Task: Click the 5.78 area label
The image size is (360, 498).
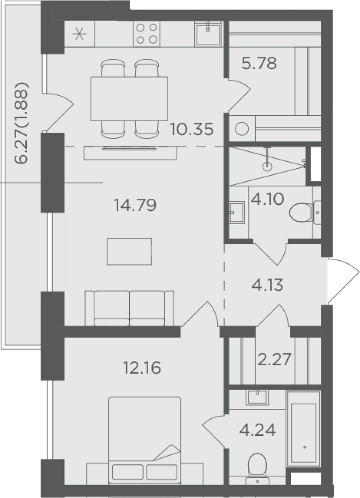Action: pyautogui.click(x=259, y=63)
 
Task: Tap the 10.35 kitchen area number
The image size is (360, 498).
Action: pyautogui.click(x=192, y=129)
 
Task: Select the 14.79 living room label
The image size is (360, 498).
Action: pyautogui.click(x=135, y=205)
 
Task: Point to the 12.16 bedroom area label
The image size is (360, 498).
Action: pyautogui.click(x=142, y=368)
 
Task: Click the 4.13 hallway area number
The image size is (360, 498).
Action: pyautogui.click(x=267, y=285)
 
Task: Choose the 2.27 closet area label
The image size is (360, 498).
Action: pyautogui.click(x=274, y=360)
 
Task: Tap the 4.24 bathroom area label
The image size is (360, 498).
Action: pyautogui.click(x=257, y=430)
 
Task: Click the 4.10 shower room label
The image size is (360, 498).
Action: pyautogui.click(x=267, y=200)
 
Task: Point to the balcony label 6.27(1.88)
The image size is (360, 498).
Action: pyautogui.click(x=22, y=123)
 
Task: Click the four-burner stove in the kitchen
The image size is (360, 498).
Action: pyautogui.click(x=147, y=34)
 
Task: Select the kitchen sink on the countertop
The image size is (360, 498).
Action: pyautogui.click(x=208, y=34)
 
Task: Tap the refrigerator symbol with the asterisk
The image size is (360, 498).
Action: pyautogui.click(x=79, y=34)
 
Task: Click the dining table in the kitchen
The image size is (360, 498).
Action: pyautogui.click(x=129, y=99)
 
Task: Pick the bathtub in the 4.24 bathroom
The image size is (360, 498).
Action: pyautogui.click(x=303, y=428)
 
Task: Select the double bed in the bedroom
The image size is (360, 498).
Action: pyautogui.click(x=145, y=440)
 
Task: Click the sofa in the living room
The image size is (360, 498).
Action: pyautogui.click(x=129, y=308)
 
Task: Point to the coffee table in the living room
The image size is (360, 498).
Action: pyautogui.click(x=129, y=251)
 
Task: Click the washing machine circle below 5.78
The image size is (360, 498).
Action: pyautogui.click(x=242, y=129)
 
